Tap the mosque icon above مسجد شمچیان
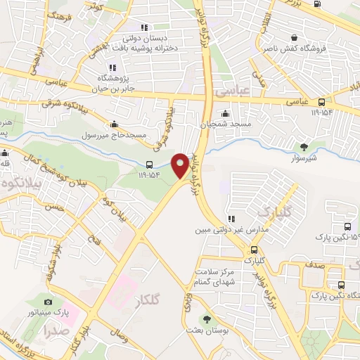click(225, 113)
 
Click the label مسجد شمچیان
click(224, 124)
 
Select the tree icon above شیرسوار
click(304, 147)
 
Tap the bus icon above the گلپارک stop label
click(253, 250)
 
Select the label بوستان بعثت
click(205, 330)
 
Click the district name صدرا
click(54, 329)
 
